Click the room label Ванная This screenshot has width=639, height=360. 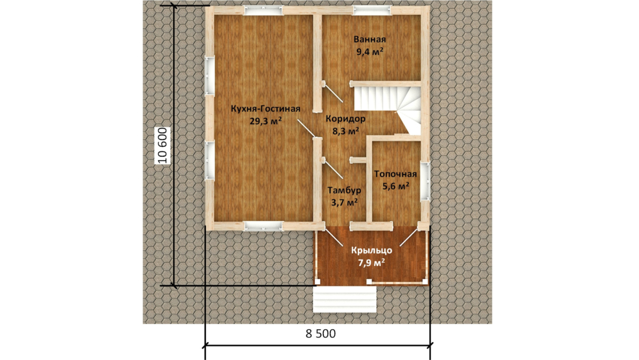click(370, 40)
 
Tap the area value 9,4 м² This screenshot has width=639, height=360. click(370, 52)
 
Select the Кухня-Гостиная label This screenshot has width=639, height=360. click(265, 109)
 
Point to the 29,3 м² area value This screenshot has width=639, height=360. click(265, 121)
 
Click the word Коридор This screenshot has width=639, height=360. click(346, 119)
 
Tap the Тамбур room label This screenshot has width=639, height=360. click(344, 191)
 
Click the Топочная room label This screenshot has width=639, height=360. click(395, 174)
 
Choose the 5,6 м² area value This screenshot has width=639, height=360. click(395, 187)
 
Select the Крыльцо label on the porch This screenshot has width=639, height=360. click(372, 250)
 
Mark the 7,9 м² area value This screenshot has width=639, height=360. click(372, 262)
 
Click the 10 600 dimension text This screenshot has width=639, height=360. click(163, 146)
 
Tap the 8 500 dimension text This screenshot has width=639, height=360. click(321, 334)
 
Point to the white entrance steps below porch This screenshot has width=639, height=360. click(345, 299)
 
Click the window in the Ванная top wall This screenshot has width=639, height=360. click(372, 10)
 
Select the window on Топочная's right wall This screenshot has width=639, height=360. click(425, 181)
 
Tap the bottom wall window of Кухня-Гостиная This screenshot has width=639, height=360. click(263, 226)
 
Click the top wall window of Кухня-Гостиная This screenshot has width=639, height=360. click(263, 10)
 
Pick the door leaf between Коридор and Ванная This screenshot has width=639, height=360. click(333, 93)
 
